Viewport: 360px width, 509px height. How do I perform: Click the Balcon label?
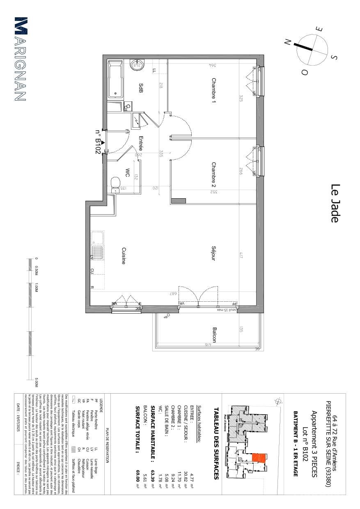(x=214, y=335)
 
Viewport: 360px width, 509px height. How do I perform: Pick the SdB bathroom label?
(x=141, y=88)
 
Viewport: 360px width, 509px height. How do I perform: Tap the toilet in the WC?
(x=116, y=183)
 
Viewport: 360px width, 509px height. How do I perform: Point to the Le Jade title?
(x=335, y=204)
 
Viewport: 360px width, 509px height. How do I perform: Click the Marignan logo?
(x=21, y=59)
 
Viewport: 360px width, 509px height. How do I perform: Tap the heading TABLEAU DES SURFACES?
(x=216, y=443)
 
